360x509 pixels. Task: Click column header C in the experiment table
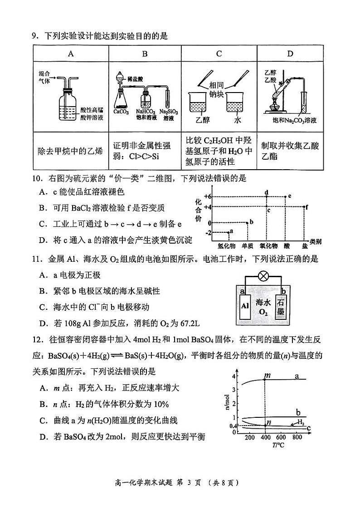click(x=219, y=54)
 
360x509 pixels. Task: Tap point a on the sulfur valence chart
click(x=228, y=232)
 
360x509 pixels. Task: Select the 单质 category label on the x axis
click(x=247, y=245)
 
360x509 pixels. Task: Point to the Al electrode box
click(x=245, y=305)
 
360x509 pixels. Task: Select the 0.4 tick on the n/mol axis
click(x=234, y=426)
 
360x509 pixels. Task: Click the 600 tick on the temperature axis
click(x=281, y=437)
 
